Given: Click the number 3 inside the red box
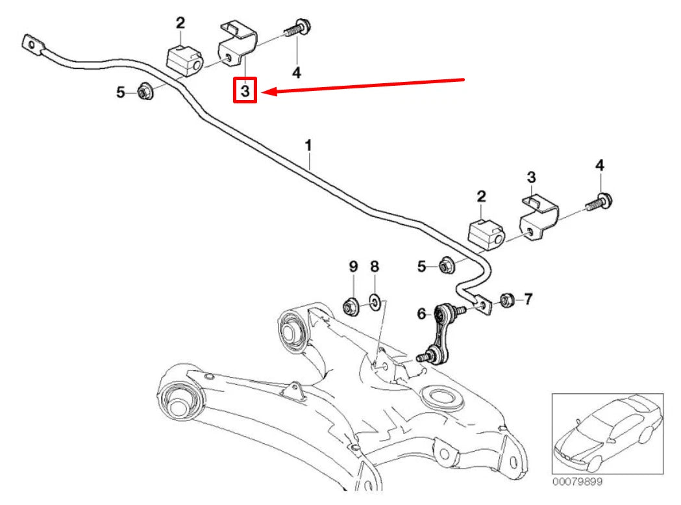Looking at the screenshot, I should (245, 92).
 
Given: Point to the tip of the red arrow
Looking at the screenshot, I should (267, 92).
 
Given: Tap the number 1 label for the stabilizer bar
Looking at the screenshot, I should (309, 145).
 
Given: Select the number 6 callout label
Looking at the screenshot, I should (422, 315).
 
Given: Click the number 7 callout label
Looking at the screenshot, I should (528, 299).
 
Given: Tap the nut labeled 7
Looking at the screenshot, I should (508, 300).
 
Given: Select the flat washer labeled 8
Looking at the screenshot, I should (375, 302).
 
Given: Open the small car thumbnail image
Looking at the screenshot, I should (607, 434).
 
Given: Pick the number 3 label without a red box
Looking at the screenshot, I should (531, 177).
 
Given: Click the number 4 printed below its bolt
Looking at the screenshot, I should (297, 73).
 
